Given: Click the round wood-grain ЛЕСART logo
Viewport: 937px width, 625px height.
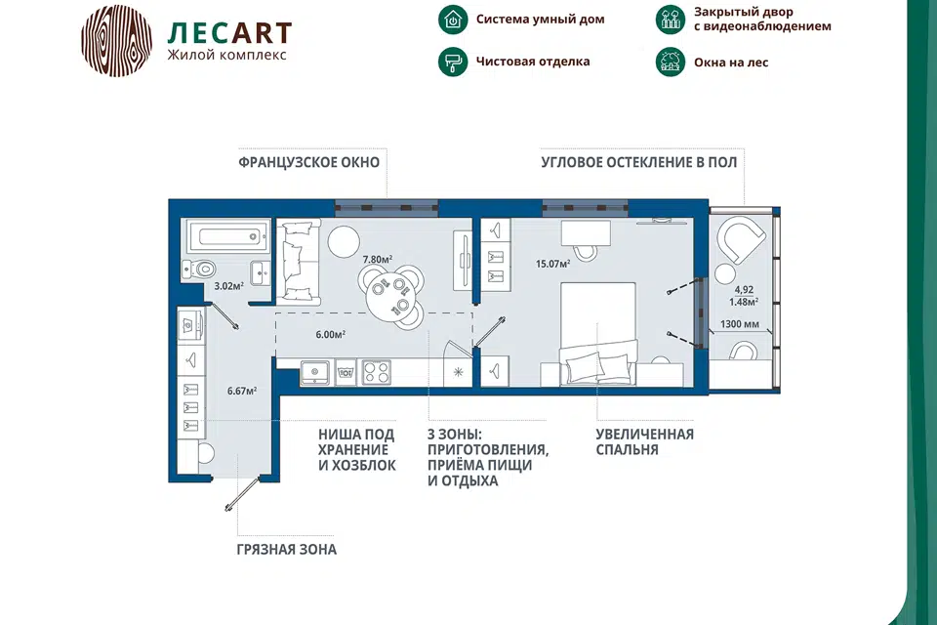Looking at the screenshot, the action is (116, 41).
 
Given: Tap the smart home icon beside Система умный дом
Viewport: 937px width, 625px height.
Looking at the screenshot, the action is (453, 20).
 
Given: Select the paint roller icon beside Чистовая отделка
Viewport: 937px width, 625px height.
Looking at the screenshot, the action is (453, 62).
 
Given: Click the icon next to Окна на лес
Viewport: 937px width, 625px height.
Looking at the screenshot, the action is (671, 62).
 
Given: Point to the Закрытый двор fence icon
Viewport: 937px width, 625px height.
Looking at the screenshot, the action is (671, 20).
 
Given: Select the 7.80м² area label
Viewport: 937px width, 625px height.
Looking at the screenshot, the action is (378, 260).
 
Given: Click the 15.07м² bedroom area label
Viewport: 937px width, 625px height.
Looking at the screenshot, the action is (552, 263).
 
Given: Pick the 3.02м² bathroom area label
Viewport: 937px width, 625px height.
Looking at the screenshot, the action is (228, 286).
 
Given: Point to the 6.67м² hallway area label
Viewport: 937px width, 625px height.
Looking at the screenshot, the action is (242, 392).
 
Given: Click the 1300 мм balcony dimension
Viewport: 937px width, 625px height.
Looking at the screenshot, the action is (740, 324).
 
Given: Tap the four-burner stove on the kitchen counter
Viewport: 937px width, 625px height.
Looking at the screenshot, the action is (377, 372).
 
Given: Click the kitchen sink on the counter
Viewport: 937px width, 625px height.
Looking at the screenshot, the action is (314, 372).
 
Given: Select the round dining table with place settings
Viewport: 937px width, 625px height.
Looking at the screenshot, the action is (390, 296).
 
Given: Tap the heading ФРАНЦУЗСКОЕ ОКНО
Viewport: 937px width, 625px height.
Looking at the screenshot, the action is (309, 162).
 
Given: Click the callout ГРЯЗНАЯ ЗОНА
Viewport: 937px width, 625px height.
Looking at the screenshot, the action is (287, 550).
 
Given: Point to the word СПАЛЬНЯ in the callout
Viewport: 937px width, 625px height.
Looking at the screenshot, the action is (627, 450).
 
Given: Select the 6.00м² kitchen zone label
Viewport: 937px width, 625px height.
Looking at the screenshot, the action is (331, 335).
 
